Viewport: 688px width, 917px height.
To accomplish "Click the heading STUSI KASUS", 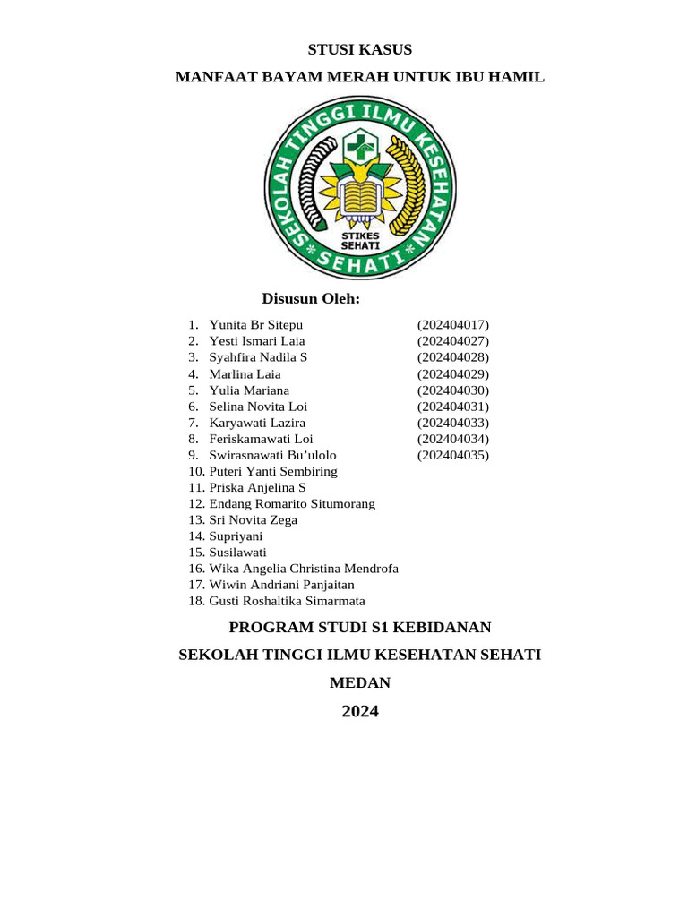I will click(x=360, y=49).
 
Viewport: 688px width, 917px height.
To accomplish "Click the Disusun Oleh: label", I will click(x=310, y=298).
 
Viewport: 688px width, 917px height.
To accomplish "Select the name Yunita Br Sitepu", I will click(x=255, y=324).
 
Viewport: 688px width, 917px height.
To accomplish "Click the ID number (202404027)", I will click(x=453, y=341).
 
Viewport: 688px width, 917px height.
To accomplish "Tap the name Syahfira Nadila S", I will click(x=258, y=357).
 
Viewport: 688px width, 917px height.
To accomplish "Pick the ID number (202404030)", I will click(x=453, y=390).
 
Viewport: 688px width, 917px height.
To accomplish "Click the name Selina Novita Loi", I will click(x=258, y=407).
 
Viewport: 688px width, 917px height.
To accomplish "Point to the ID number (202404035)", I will click(x=453, y=455).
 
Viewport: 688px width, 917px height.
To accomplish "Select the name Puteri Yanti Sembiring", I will click(x=273, y=471).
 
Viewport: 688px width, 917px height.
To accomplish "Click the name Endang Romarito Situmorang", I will click(x=292, y=504).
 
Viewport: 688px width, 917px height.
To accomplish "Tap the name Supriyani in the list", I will click(x=236, y=536).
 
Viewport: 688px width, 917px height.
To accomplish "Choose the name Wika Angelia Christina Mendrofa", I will click(x=304, y=569).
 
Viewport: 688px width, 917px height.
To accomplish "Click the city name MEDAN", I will click(x=360, y=682).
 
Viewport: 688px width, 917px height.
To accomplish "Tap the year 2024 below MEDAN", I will click(x=360, y=712).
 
